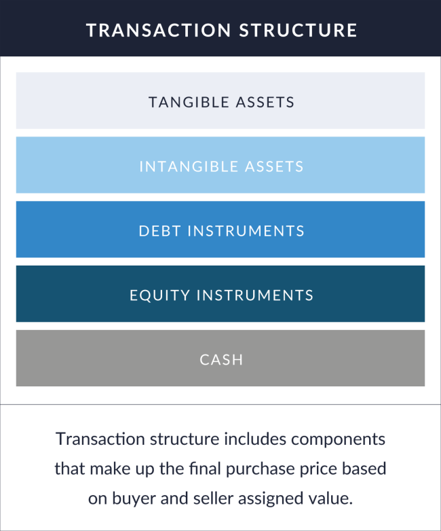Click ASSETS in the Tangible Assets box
click(265, 103)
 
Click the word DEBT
click(160, 231)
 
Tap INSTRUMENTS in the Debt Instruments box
click(246, 231)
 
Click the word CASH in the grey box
click(221, 360)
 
